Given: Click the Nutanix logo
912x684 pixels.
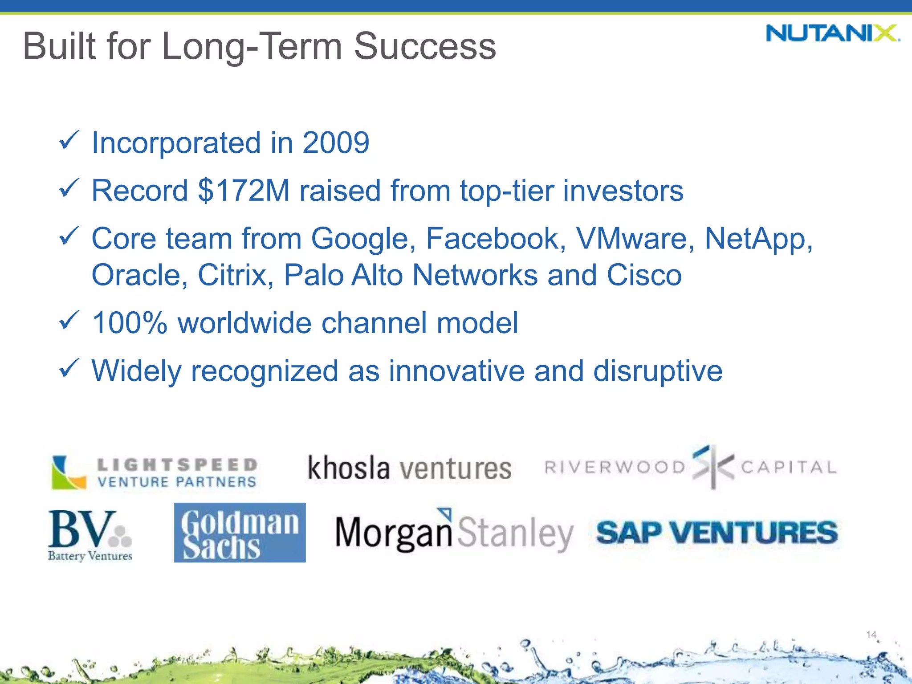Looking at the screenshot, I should pyautogui.click(x=832, y=33).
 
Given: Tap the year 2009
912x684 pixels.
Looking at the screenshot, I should pyautogui.click(x=336, y=143).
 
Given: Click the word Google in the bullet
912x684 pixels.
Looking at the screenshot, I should pyautogui.click(x=359, y=239).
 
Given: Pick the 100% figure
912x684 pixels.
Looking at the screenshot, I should pyautogui.click(x=129, y=323).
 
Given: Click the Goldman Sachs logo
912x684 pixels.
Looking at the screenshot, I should pyautogui.click(x=240, y=533).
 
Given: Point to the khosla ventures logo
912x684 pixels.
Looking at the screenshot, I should pyautogui.click(x=409, y=468).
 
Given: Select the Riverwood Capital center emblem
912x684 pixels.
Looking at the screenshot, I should pyautogui.click(x=712, y=467).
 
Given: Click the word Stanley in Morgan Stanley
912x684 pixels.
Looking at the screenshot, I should pyautogui.click(x=515, y=533).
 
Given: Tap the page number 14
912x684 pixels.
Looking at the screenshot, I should pyautogui.click(x=871, y=635).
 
